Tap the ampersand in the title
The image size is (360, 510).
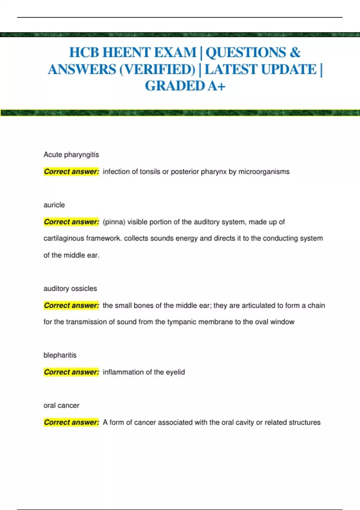click(295, 52)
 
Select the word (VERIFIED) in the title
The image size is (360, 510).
click(157, 70)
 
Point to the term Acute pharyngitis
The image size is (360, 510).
click(71, 155)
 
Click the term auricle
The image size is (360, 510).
click(54, 205)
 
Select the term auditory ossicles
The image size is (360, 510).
click(70, 289)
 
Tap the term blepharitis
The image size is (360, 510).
click(60, 355)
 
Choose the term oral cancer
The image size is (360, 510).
click(61, 406)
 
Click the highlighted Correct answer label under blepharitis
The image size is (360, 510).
click(71, 372)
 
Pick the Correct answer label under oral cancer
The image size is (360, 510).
click(71, 422)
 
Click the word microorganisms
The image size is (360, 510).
click(264, 172)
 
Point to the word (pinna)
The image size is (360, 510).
click(114, 222)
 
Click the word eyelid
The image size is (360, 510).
click(175, 372)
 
